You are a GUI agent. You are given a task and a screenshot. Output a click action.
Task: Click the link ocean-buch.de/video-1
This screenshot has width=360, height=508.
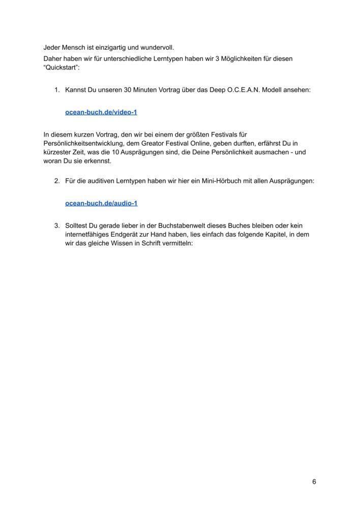tap(101, 112)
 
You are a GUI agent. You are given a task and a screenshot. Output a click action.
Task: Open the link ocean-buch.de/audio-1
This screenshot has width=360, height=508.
tap(101, 203)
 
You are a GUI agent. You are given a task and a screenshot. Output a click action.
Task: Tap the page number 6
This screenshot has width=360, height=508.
tap(314, 482)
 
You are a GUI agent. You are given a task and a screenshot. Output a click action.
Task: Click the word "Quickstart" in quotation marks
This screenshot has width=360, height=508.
tap(62, 68)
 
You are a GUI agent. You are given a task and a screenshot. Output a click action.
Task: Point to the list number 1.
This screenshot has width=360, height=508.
tap(56, 90)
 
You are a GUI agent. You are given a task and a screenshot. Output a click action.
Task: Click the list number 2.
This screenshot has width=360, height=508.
tap(56, 181)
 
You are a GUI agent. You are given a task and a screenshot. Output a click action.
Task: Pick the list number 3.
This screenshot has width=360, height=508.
tap(56, 226)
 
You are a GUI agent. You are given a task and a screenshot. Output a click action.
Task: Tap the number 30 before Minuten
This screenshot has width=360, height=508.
tap(128, 90)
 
